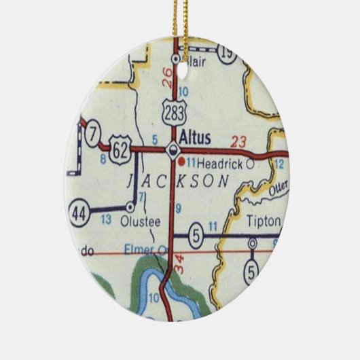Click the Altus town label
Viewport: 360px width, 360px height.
pos(196,137)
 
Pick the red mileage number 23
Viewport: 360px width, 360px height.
pos(238,141)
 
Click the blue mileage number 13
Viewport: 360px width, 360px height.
pos(106,220)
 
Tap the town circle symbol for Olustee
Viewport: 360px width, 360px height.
pos(130,206)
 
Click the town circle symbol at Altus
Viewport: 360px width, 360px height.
pos(175,150)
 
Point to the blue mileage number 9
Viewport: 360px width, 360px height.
pos(178,208)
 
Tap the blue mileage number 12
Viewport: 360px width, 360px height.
pos(279,164)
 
